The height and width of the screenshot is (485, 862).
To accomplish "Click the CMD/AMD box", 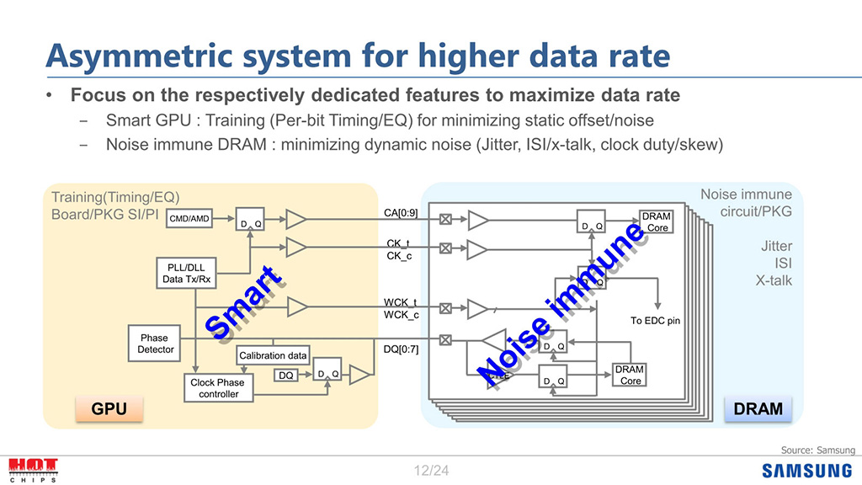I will click(x=189, y=219).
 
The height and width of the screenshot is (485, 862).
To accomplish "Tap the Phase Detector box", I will click(x=156, y=344).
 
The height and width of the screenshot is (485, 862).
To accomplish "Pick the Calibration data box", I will click(x=273, y=355).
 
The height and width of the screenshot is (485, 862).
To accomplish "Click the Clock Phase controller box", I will click(x=218, y=388).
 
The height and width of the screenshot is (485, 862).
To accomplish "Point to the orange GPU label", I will click(x=109, y=409).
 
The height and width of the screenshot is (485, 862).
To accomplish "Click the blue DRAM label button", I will click(x=758, y=409).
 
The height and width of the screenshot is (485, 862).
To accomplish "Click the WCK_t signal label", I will click(x=401, y=301).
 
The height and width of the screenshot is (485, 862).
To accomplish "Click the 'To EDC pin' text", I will click(x=655, y=321).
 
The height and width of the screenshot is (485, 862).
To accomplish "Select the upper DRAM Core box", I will click(x=656, y=222).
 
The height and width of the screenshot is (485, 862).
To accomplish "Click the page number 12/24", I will click(x=431, y=471).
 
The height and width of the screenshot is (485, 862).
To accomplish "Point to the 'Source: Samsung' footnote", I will click(x=817, y=450).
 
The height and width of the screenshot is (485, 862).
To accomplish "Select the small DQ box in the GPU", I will click(x=286, y=376).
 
